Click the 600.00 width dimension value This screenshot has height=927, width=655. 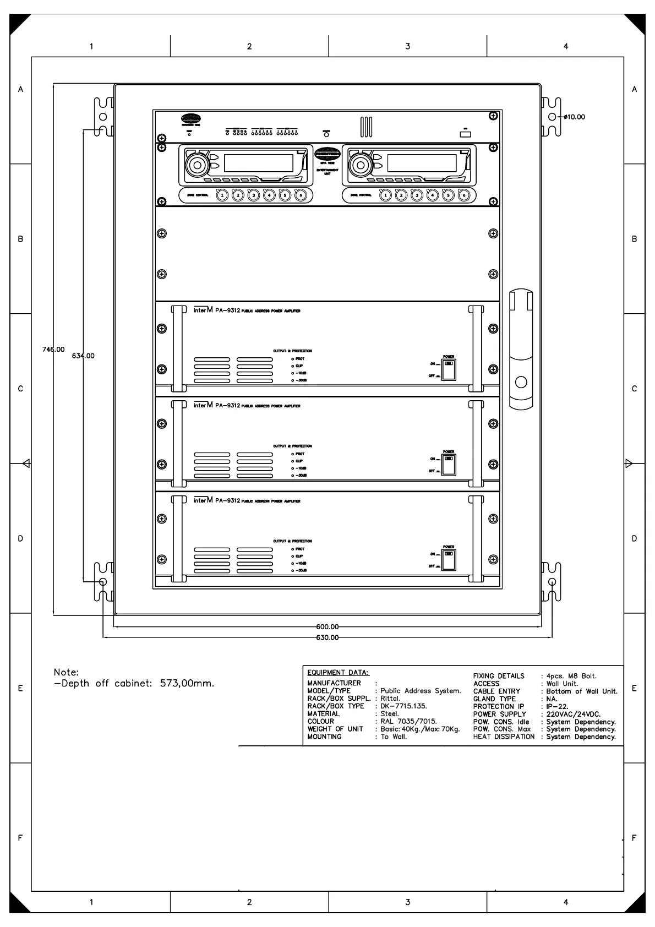pyautogui.click(x=327, y=626)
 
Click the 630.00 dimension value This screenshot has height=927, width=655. pyautogui.click(x=327, y=637)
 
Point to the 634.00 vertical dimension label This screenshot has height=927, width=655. pyautogui.click(x=83, y=356)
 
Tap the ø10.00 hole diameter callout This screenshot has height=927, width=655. pyautogui.click(x=574, y=117)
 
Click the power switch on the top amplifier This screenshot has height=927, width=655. pyautogui.click(x=449, y=369)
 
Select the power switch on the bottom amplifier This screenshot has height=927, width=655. pyautogui.click(x=449, y=559)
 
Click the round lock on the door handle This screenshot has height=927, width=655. pyautogui.click(x=521, y=382)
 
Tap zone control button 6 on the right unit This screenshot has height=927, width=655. pyautogui.click(x=464, y=195)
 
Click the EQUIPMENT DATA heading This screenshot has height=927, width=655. pyautogui.click(x=338, y=672)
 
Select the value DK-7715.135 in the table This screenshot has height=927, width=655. pyautogui.click(x=403, y=706)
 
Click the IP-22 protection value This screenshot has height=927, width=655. pyautogui.click(x=557, y=706)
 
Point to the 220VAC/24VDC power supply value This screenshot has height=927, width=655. pyautogui.click(x=573, y=714)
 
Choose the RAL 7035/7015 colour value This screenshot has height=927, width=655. pyautogui.click(x=408, y=721)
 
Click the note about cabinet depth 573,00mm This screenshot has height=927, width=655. pyautogui.click(x=134, y=684)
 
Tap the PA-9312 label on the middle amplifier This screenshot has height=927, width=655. pyautogui.click(x=227, y=406)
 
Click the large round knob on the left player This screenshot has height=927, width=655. pyautogui.click(x=196, y=163)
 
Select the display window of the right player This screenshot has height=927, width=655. pyautogui.click(x=422, y=163)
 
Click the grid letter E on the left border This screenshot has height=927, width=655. pyautogui.click(x=20, y=688)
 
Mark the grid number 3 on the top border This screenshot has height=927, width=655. pyautogui.click(x=407, y=46)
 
